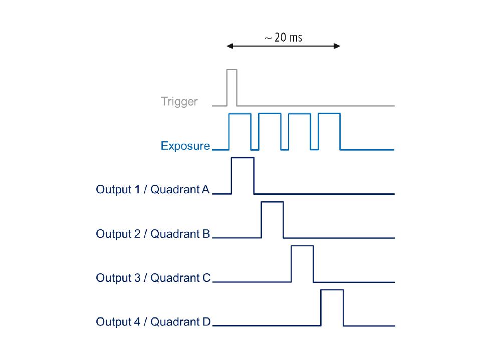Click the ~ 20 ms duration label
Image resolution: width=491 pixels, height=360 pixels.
pos(284,38)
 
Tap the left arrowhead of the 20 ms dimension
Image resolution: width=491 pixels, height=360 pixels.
pos(230,46)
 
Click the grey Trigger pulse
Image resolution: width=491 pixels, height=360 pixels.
pos(231,88)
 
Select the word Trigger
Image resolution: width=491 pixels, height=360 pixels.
pos(179,102)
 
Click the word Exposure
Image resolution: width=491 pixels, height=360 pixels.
pos(185,146)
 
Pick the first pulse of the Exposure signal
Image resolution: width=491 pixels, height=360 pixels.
pos(239,131)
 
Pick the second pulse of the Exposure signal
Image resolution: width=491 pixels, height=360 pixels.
pos(270,131)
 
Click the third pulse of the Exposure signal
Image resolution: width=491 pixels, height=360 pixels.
pos(300,131)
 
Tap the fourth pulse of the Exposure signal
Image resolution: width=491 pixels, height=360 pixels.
pos(329,131)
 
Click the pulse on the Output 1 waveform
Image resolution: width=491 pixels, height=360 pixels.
pos(242,175)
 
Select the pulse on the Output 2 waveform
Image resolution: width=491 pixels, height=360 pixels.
pos(272,219)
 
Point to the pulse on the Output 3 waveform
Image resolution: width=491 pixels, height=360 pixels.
pos(302,263)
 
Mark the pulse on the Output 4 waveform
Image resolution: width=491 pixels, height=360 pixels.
pos(332,307)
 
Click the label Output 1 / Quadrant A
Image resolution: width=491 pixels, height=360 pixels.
pos(152,190)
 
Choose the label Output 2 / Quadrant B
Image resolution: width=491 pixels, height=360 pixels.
pos(152,234)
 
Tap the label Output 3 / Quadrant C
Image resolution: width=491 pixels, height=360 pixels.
pos(152,277)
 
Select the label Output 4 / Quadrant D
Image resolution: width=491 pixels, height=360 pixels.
pos(152,321)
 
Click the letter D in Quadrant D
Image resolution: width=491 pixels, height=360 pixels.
pos(206,321)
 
